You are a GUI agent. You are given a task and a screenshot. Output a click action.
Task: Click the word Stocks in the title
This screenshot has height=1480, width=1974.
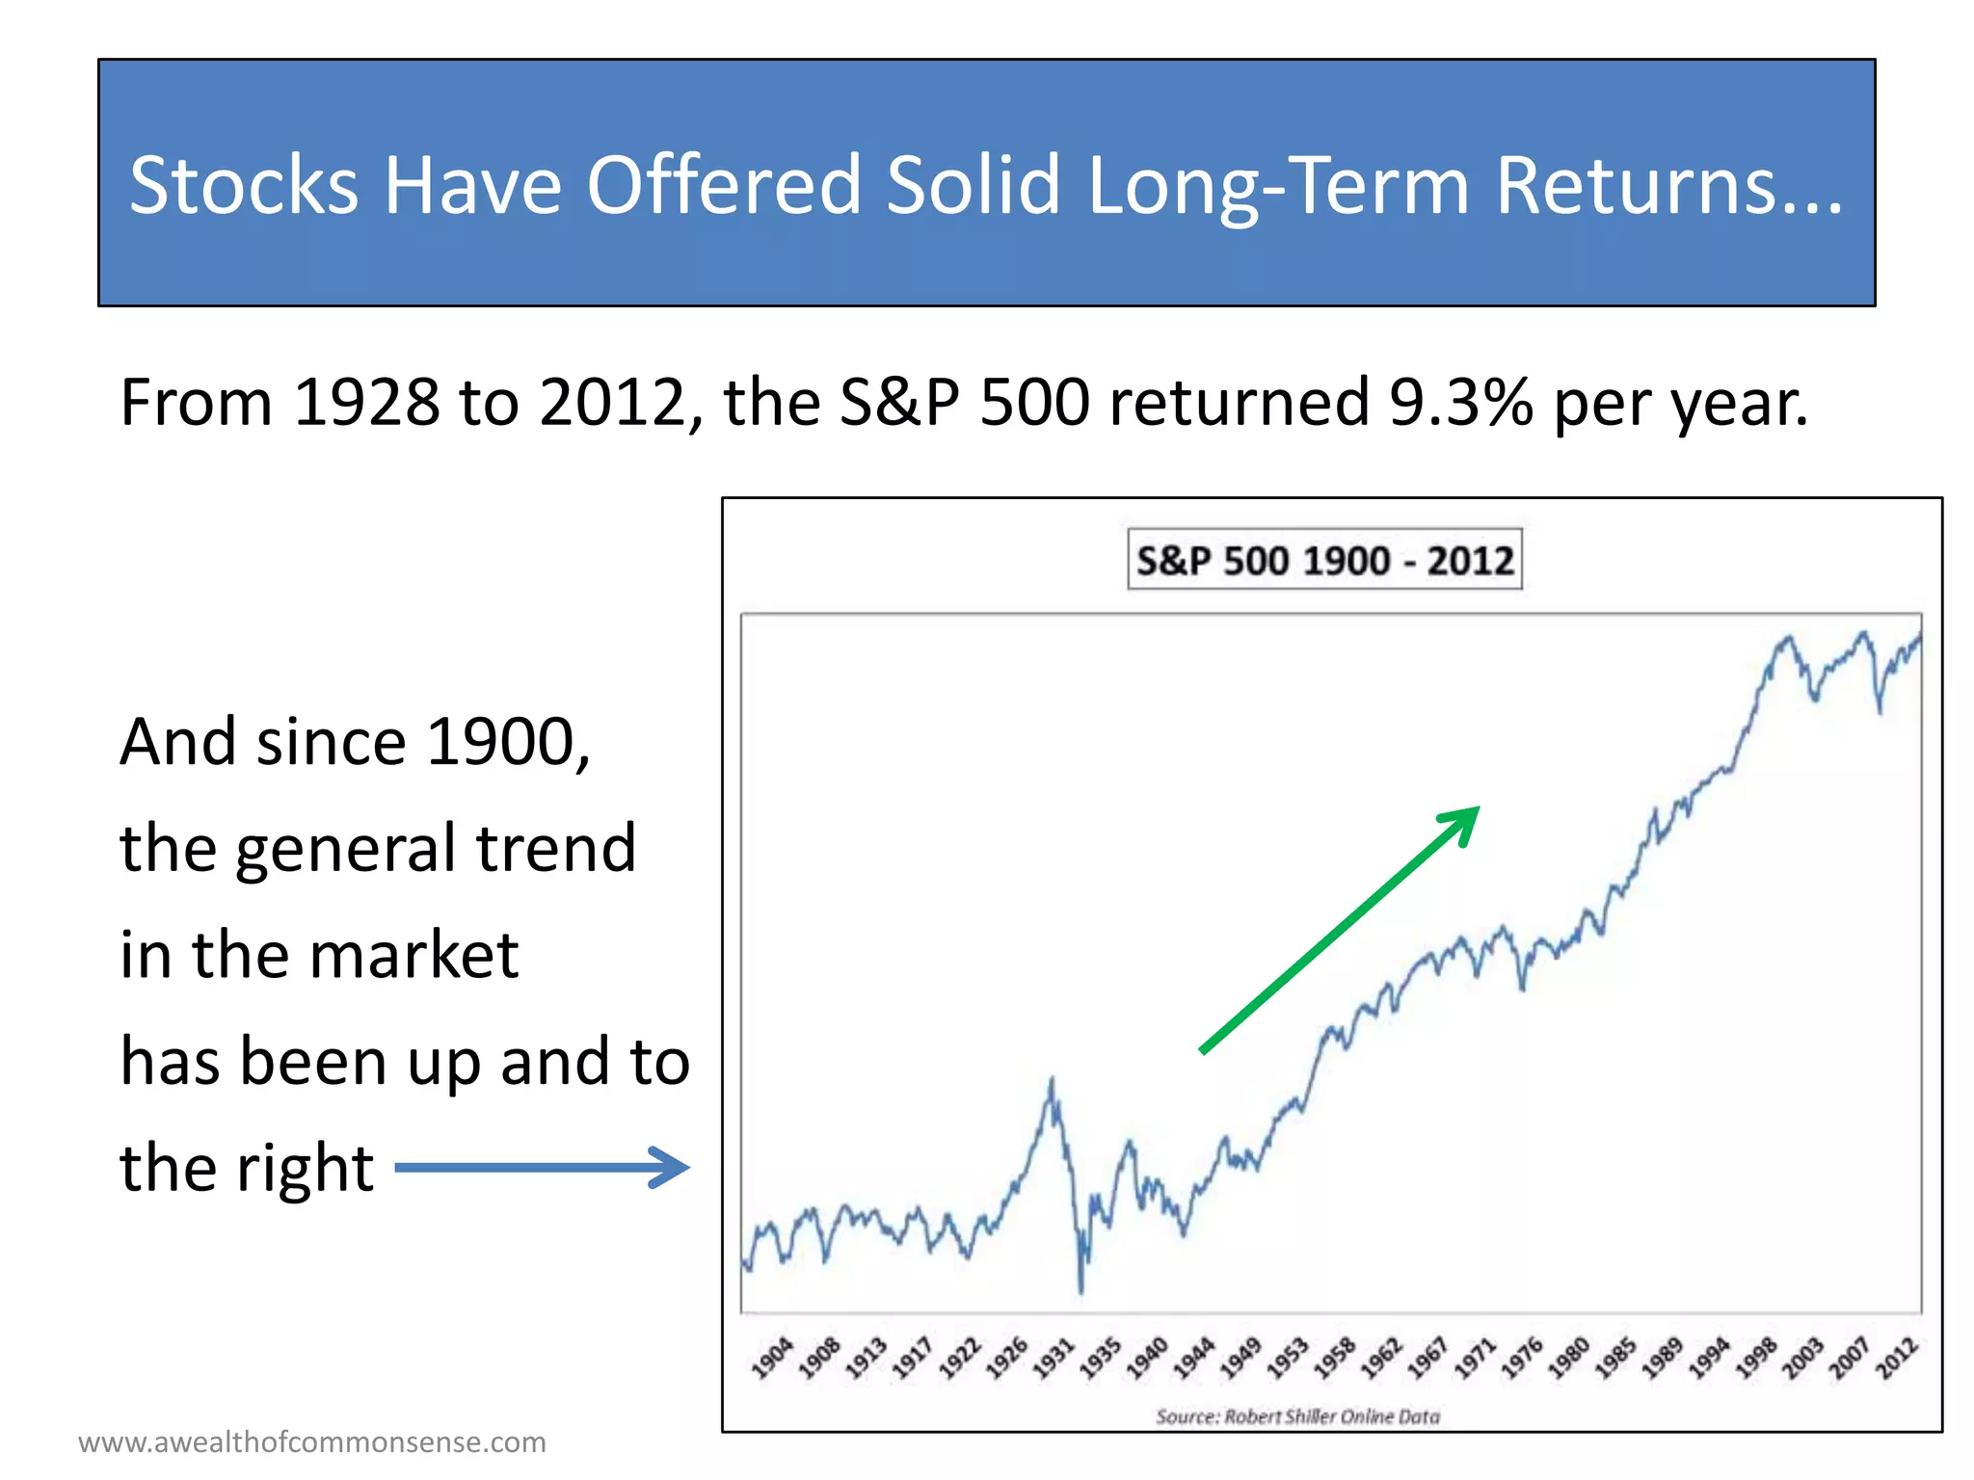tap(244, 184)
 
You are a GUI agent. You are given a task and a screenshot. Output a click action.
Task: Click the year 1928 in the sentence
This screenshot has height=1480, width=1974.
tap(366, 402)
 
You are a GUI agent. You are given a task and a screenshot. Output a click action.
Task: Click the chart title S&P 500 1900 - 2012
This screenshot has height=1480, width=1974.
tap(1324, 560)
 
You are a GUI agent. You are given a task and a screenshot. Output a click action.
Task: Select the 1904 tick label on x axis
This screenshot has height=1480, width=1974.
tap(772, 1358)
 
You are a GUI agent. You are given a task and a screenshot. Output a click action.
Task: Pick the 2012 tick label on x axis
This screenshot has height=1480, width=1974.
tap(1897, 1358)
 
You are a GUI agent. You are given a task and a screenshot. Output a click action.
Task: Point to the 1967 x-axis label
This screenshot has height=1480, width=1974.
tap(1427, 1358)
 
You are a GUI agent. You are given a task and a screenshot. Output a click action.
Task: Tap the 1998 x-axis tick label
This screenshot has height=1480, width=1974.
tap(1755, 1358)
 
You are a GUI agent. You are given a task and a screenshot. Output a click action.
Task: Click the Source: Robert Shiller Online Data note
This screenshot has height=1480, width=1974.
tap(1297, 1416)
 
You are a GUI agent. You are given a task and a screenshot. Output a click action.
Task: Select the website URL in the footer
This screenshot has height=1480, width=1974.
tap(312, 1442)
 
